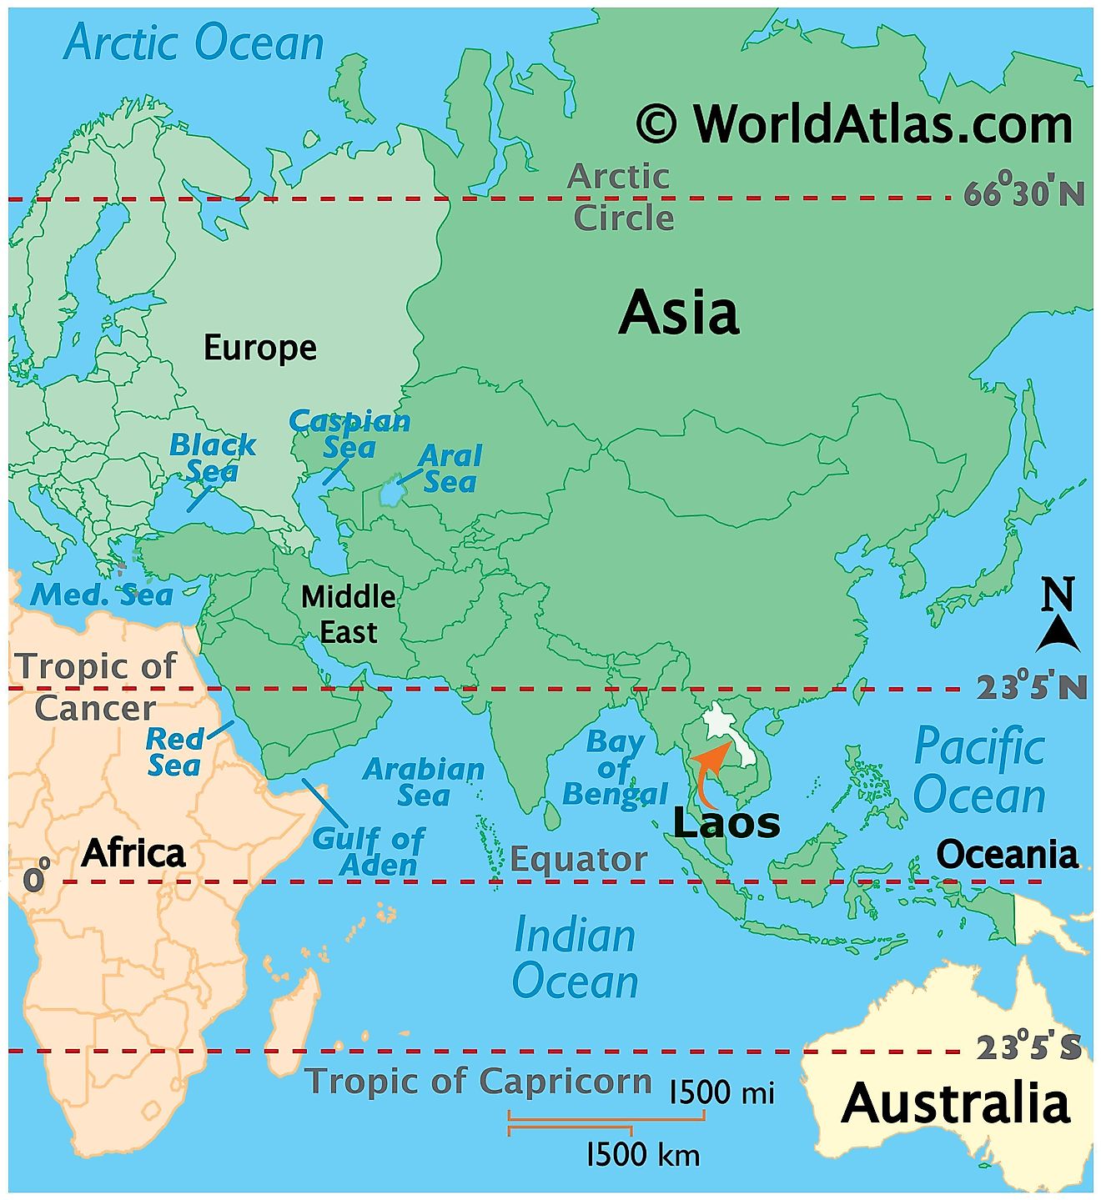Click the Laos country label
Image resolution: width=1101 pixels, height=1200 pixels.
click(x=726, y=823)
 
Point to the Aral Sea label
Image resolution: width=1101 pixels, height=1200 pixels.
click(x=450, y=469)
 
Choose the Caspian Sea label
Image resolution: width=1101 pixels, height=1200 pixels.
click(x=350, y=434)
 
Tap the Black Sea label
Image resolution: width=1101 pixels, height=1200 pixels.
click(x=212, y=458)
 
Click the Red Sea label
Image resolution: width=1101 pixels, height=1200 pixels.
click(x=174, y=752)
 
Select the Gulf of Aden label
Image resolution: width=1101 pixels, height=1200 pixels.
click(x=368, y=851)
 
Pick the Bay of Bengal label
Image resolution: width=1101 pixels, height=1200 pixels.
click(x=616, y=768)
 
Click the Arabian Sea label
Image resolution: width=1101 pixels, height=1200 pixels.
click(x=424, y=781)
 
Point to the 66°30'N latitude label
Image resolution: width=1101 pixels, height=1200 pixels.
click(x=1024, y=193)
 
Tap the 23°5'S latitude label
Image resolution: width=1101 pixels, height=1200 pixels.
click(x=1028, y=1047)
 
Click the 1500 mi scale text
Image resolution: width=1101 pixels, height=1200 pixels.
click(x=722, y=1092)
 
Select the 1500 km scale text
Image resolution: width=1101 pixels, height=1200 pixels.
click(x=643, y=1155)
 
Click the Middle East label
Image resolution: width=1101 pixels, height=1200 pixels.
click(x=349, y=614)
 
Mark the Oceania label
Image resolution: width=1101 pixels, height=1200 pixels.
click(x=1007, y=855)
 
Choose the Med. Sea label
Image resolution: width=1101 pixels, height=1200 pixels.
click(x=102, y=595)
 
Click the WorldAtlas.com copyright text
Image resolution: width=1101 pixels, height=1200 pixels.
click(x=854, y=125)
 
